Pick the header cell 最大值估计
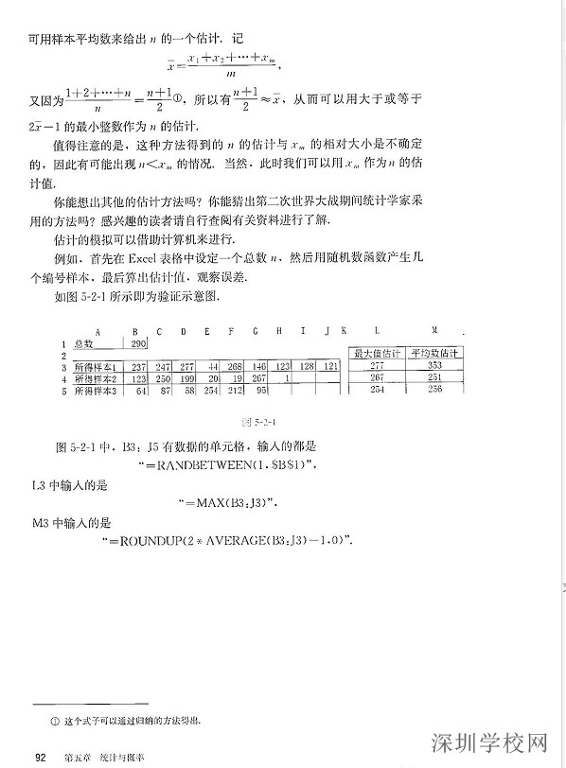click(x=377, y=354)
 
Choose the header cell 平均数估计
click(x=433, y=354)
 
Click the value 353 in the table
click(x=434, y=365)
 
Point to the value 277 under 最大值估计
click(x=377, y=365)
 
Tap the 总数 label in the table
click(x=84, y=343)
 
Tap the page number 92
click(x=41, y=754)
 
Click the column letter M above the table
click(x=433, y=331)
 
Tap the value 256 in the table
click(x=434, y=389)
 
